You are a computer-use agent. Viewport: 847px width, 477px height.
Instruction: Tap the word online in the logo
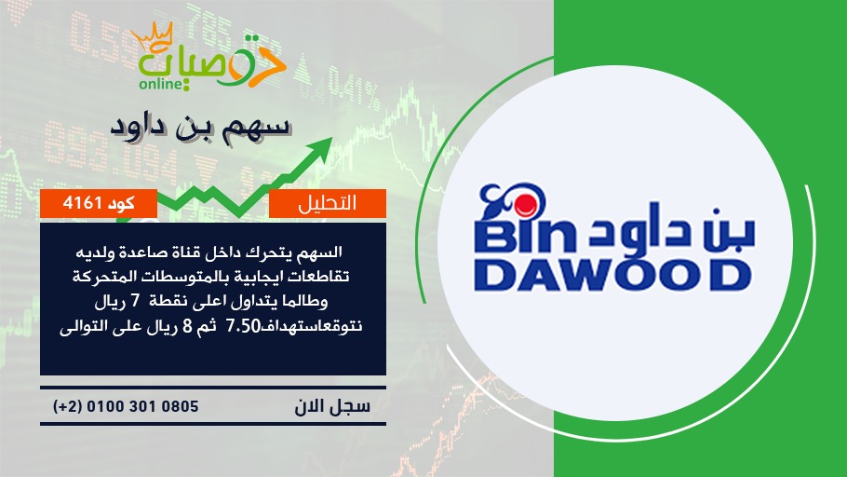160,84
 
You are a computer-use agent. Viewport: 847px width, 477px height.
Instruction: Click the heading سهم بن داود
201,128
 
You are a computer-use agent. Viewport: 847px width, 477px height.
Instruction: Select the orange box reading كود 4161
99,203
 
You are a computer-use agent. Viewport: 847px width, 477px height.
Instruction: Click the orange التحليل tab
328,203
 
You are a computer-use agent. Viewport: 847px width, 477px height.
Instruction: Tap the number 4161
82,203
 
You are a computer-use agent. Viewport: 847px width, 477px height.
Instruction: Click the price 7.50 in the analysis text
244,327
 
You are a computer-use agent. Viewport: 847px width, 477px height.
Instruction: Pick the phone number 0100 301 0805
142,406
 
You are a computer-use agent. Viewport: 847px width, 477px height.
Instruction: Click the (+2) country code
68,406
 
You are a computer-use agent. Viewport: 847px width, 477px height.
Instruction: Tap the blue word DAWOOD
612,275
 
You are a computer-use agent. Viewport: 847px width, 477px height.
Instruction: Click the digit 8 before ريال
188,327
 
